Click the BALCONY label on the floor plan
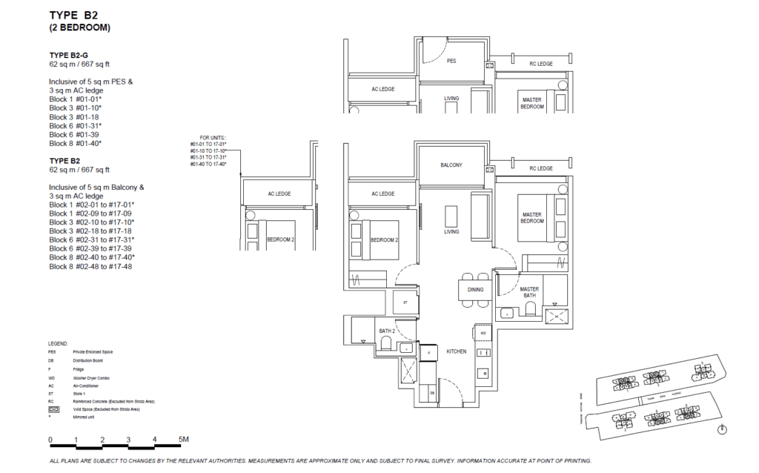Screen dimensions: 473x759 coord(451,165)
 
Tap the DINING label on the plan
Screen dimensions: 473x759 coord(475,290)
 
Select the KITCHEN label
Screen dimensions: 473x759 coord(456,351)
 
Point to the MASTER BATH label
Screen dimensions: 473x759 coord(529,293)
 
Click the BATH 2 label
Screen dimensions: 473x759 coord(386,331)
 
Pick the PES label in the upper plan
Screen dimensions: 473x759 coord(451,62)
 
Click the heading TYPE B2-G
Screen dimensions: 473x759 coord(70,56)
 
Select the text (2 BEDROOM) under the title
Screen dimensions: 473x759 coord(80,28)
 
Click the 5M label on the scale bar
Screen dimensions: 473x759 coord(184,440)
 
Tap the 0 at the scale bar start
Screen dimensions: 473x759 coord(51,440)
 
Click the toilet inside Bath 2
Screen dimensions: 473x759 coord(385,342)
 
